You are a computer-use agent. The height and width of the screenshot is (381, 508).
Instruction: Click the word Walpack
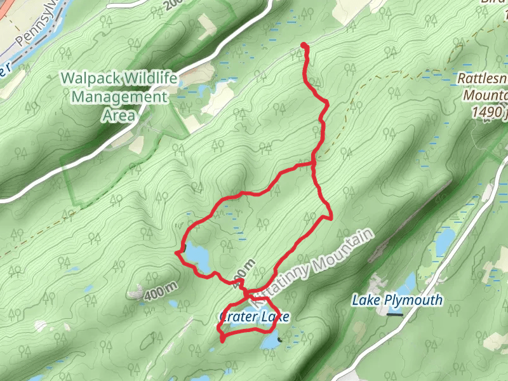(x=90, y=79)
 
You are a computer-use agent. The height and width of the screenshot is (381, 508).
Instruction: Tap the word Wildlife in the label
(x=147, y=79)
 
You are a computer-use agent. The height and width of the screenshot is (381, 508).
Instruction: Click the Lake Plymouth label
(x=398, y=300)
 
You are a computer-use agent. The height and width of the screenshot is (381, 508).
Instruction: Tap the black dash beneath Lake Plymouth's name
(x=395, y=313)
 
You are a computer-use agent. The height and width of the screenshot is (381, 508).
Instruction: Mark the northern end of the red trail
(x=304, y=45)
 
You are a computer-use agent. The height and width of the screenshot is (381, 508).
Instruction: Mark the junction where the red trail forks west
(x=314, y=165)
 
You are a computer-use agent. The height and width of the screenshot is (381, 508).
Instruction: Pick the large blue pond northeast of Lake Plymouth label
(x=444, y=239)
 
